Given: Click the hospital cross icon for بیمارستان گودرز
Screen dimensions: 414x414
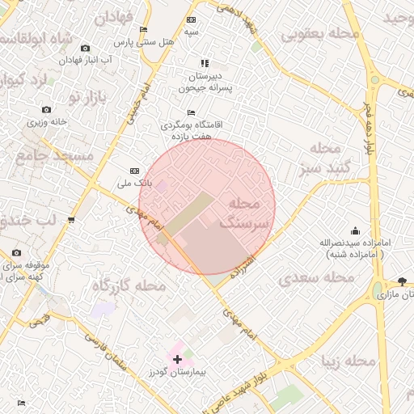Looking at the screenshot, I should click(x=177, y=357).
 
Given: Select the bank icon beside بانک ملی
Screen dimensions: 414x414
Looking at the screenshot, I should click(x=134, y=171).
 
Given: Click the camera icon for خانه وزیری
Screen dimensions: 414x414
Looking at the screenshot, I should click(x=46, y=109).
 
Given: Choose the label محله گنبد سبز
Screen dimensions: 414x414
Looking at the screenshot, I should click(x=323, y=158).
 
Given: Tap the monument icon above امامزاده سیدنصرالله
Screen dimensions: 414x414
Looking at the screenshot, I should click(x=354, y=230).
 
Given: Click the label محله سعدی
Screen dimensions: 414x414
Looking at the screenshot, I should click(x=316, y=278).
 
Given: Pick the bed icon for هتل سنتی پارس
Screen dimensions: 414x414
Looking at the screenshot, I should click(x=144, y=29).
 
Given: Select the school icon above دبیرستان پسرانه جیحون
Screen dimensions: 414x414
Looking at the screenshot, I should click(x=205, y=63).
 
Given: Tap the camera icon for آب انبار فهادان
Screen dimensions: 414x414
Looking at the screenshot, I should click(x=87, y=49).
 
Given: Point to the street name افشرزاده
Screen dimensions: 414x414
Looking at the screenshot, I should click(x=243, y=264).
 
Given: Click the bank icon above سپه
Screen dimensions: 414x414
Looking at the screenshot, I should click(x=191, y=19).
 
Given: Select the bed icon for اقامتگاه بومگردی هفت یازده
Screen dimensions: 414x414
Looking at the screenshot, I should click(x=191, y=112).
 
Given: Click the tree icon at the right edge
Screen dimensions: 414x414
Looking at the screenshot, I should click(x=402, y=281).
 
